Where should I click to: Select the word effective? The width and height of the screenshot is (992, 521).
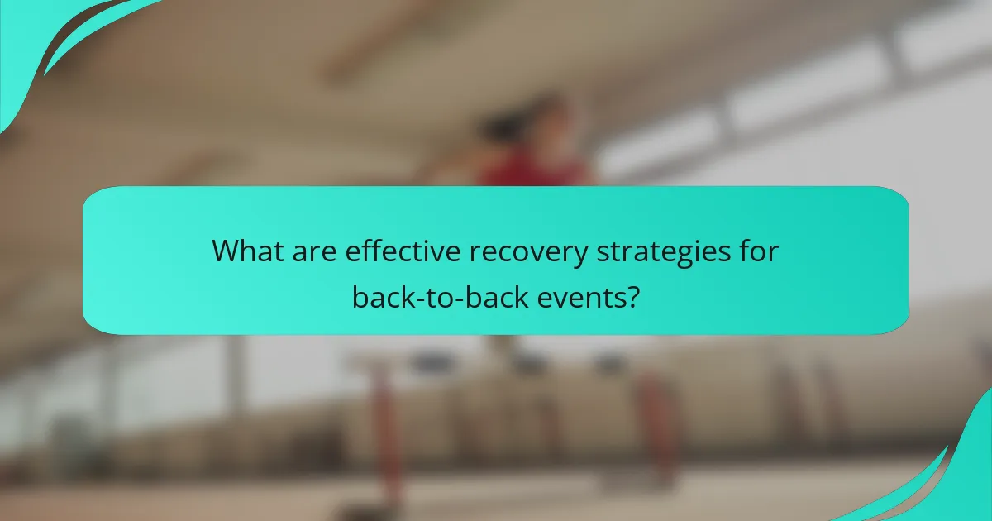(386, 251)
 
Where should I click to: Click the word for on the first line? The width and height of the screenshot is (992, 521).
(759, 251)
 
